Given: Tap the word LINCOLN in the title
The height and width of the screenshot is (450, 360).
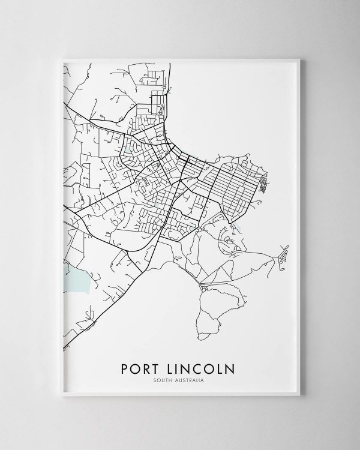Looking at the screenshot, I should (x=201, y=368).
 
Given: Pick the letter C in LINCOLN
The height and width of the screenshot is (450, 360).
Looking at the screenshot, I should (x=199, y=368).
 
